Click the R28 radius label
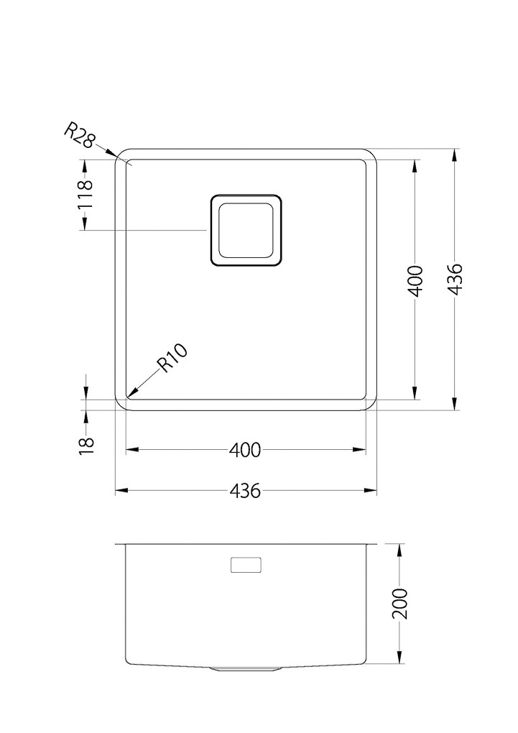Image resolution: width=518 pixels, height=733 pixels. point(80,135)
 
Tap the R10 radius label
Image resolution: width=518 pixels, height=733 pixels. point(172,358)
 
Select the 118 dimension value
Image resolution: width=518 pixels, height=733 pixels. point(85,194)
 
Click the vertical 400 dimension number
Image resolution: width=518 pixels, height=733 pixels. point(415,281)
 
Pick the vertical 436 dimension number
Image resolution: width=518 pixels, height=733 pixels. point(455,280)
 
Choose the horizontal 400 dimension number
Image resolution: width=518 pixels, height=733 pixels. point(245,450)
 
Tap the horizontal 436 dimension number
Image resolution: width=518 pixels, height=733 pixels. point(245,491)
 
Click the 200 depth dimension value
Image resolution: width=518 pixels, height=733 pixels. point(400,604)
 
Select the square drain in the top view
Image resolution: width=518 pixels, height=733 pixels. point(246,231)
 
